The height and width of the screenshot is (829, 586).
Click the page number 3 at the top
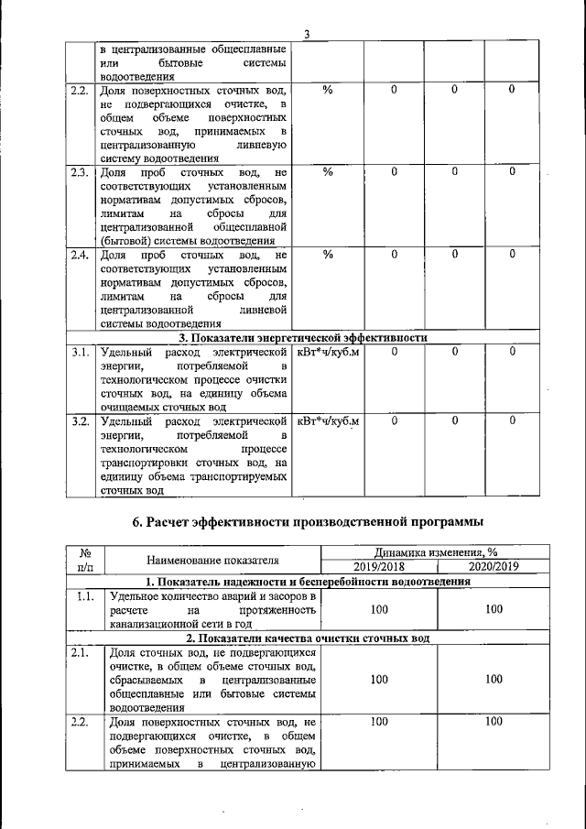pos(308,35)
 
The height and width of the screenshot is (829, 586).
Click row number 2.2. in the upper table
pos(80,91)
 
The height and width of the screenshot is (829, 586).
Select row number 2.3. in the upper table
pos(80,171)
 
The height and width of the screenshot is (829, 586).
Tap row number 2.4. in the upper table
pos(80,254)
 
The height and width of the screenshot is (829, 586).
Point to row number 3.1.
pos(80,352)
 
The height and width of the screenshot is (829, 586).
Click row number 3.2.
pos(80,421)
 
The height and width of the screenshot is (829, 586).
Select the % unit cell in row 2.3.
pos(328,171)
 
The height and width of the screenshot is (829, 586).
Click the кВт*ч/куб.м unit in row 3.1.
pos(328,352)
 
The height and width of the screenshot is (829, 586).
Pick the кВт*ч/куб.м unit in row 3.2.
pos(328,421)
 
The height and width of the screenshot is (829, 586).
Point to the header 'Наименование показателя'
pos(212,560)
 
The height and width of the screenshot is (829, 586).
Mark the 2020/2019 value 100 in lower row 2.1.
pos(494,680)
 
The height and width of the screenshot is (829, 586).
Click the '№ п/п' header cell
pos(84,560)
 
